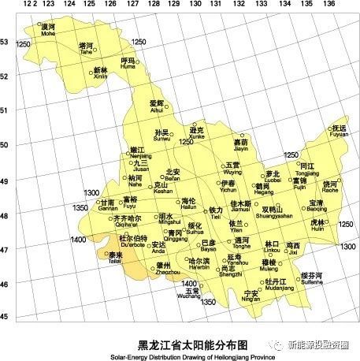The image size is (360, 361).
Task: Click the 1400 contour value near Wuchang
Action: point(189,282)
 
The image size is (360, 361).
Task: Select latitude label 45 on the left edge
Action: point(5,317)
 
